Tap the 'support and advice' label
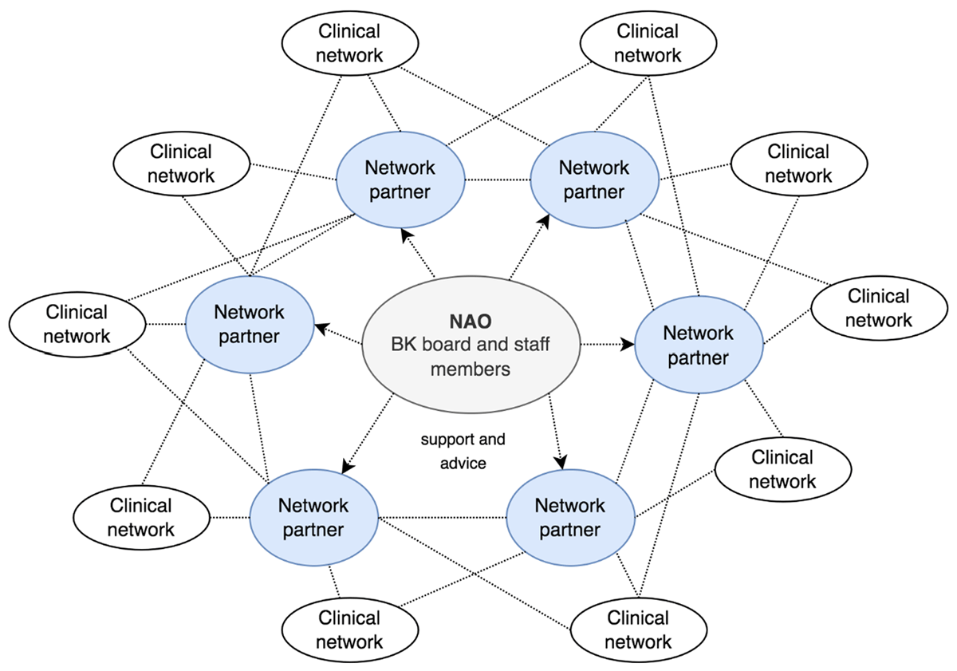pos(463,451)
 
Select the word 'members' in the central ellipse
pos(470,369)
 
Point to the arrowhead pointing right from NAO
pos(628,344)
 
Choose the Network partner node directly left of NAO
pos(249,324)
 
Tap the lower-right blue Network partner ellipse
pos(570,517)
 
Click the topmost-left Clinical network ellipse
pos(349,43)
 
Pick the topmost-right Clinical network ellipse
pos(648,43)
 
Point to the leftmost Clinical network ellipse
pos(77,323)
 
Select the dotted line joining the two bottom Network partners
pos(443,517)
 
